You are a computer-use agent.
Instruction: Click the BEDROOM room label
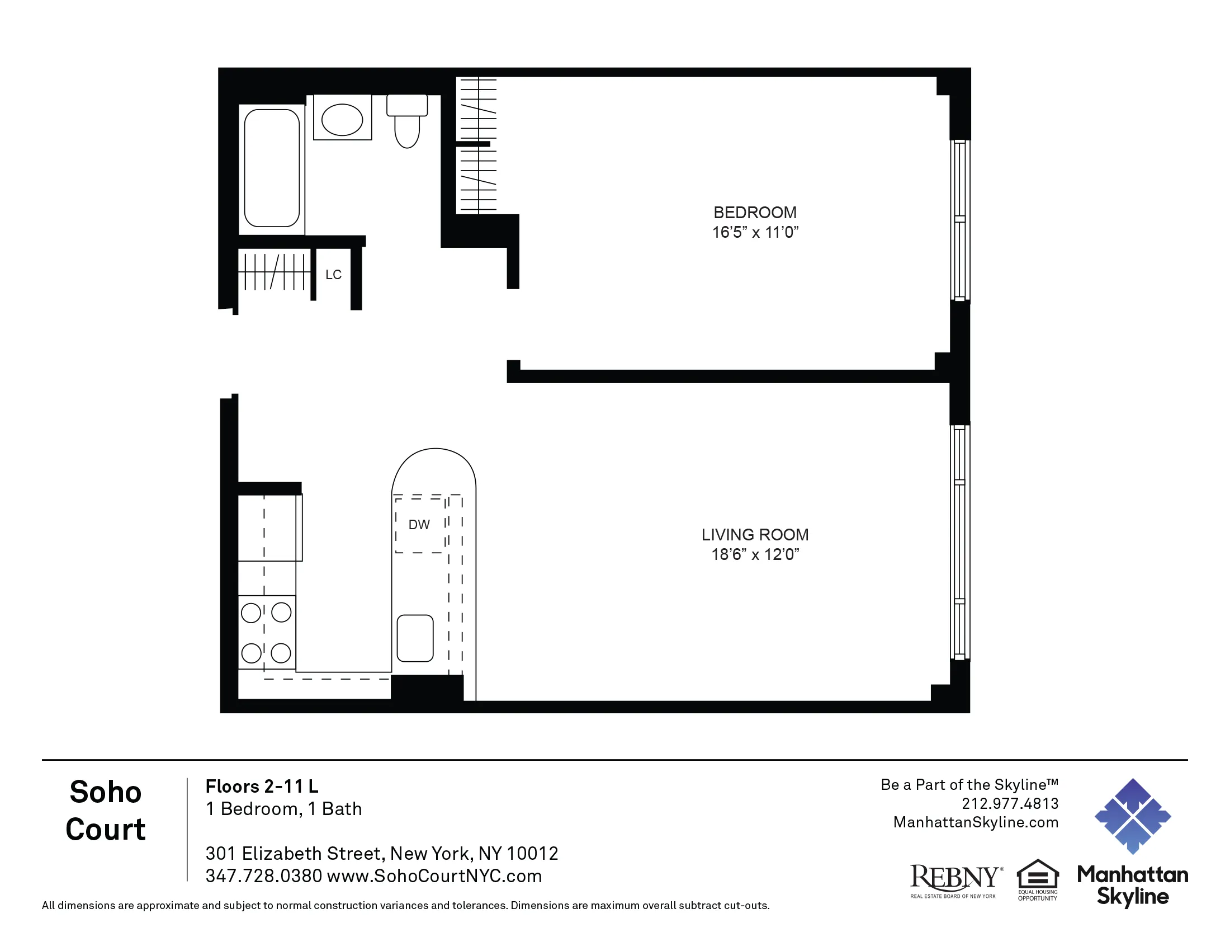click(755, 213)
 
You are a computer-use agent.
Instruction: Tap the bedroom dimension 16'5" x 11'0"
click(755, 232)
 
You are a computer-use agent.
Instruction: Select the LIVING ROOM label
click(755, 534)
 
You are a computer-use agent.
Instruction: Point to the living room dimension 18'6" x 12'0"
click(755, 554)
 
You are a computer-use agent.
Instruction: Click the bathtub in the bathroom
click(272, 168)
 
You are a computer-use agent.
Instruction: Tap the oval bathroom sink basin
click(342, 120)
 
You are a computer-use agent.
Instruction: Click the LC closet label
click(333, 274)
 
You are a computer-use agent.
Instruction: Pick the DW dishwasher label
click(419, 525)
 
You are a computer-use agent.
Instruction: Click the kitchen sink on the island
click(415, 638)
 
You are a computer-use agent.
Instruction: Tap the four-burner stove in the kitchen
click(266, 632)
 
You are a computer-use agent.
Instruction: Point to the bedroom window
click(959, 220)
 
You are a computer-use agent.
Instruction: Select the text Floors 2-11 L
click(261, 786)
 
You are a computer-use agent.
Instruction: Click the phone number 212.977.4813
click(1010, 803)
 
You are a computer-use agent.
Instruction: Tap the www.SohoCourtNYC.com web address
click(434, 876)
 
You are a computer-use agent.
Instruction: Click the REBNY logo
click(955, 880)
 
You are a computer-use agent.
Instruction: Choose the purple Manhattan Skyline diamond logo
click(1133, 816)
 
